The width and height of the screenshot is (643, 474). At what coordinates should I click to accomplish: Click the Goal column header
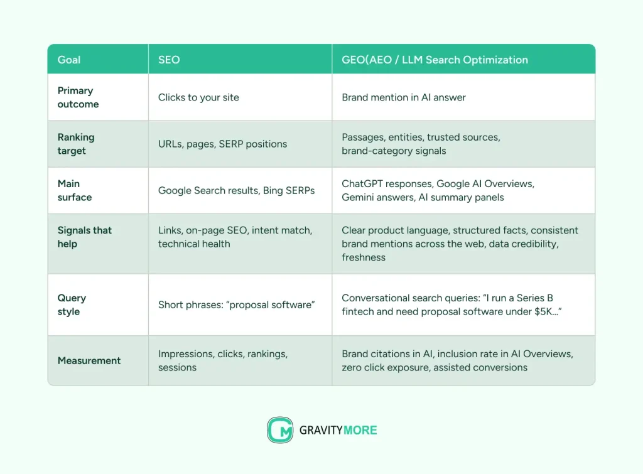[x=69, y=60]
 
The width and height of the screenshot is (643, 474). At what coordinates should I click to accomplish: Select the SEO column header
[x=169, y=60]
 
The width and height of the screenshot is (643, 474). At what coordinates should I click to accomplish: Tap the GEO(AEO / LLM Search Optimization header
[x=435, y=60]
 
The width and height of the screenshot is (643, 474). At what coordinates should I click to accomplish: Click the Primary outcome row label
[x=78, y=97]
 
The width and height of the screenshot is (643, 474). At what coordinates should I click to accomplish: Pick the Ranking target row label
[x=76, y=144]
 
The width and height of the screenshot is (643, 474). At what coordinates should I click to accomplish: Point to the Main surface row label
[x=74, y=190]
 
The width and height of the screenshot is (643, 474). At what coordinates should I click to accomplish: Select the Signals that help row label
[x=85, y=237]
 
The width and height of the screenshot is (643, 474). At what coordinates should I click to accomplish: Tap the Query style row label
[x=72, y=304]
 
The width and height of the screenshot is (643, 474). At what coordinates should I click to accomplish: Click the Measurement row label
[x=89, y=360]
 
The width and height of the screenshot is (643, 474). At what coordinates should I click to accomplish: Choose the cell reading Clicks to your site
[x=198, y=97]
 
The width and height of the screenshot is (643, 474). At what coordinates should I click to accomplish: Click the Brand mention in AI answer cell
[x=404, y=97]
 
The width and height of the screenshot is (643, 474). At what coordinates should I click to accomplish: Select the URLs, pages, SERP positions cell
[x=222, y=144]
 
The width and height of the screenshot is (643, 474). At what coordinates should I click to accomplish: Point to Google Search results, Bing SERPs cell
[x=236, y=190]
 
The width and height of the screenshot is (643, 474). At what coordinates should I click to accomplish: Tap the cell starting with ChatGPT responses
[x=438, y=190]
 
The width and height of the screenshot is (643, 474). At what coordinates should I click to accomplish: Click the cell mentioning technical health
[x=235, y=237]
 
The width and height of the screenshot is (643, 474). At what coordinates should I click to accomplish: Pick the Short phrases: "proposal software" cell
[x=236, y=304]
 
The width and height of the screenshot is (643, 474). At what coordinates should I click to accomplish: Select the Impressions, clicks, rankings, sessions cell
[x=223, y=360]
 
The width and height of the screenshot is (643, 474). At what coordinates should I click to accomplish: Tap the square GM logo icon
[x=280, y=430]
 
